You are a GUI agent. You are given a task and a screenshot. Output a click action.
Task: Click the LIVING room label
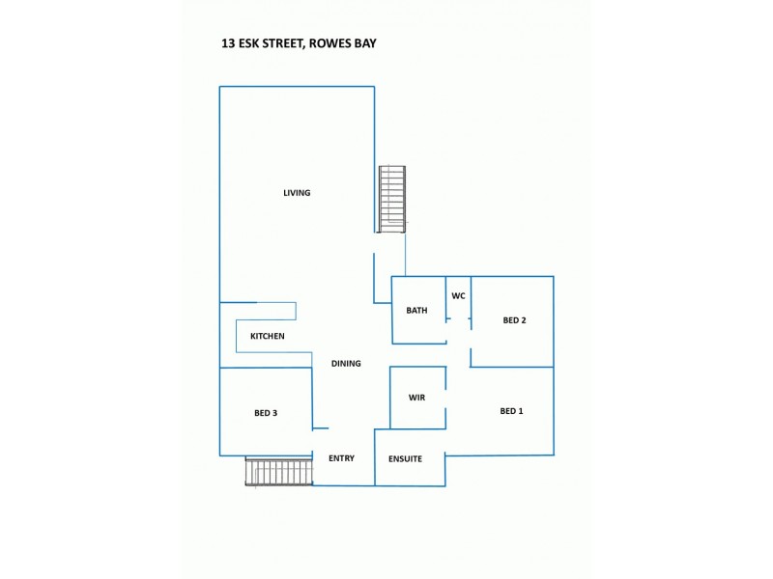297,193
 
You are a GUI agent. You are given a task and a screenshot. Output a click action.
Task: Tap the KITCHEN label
267,336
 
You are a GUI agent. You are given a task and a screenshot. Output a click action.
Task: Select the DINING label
346,364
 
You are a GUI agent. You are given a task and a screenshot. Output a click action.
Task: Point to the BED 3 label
266,413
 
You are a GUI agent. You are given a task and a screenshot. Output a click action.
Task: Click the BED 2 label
514,320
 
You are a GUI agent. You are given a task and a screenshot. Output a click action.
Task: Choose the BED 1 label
511,411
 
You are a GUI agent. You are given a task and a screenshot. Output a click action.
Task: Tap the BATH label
416,311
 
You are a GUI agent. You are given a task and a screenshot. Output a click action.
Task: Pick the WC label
458,295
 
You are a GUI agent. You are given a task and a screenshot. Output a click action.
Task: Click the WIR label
416,398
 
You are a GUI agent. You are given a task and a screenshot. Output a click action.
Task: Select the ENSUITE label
405,458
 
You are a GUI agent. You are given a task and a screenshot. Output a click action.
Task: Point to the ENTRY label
341,458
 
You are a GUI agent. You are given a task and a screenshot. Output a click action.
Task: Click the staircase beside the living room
391,198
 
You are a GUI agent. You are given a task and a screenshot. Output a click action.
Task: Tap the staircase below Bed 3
279,472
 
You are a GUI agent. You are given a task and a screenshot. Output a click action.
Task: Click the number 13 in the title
228,43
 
